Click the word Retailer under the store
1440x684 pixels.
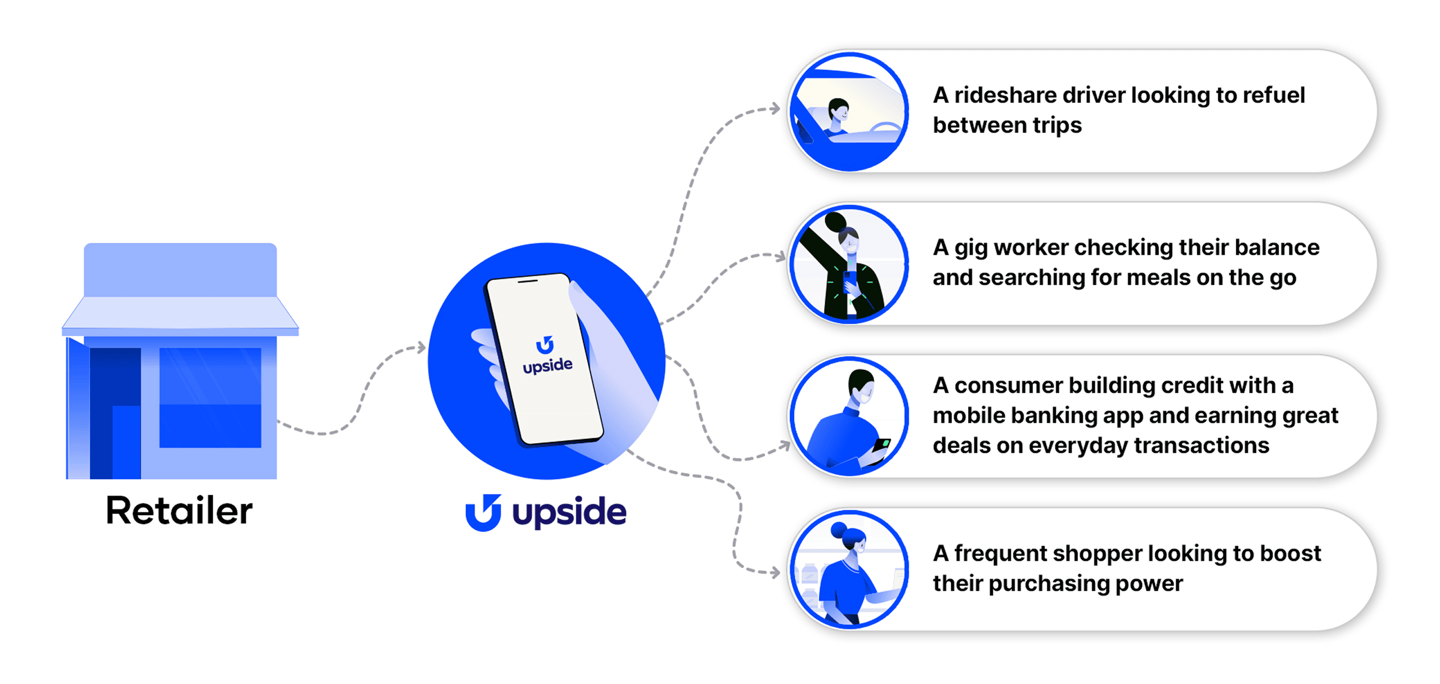click(179, 511)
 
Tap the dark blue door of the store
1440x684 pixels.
click(114, 413)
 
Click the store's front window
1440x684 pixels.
click(210, 397)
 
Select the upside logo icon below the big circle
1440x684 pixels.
click(483, 512)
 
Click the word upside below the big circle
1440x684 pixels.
click(569, 512)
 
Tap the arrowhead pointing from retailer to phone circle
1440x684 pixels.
click(421, 348)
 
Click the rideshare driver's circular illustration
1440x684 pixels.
click(849, 111)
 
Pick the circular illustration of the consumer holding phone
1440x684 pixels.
click(849, 417)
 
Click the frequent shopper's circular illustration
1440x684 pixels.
click(849, 569)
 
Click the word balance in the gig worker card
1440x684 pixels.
click(1277, 247)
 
